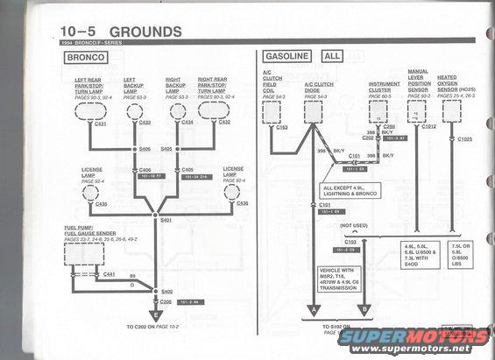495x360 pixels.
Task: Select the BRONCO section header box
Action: coord(84,58)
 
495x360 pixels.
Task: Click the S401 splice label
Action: coord(166,222)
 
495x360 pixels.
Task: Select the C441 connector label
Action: coord(110,275)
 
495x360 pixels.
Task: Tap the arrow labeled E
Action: coord(156,314)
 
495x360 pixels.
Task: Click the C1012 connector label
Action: coord(427,139)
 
